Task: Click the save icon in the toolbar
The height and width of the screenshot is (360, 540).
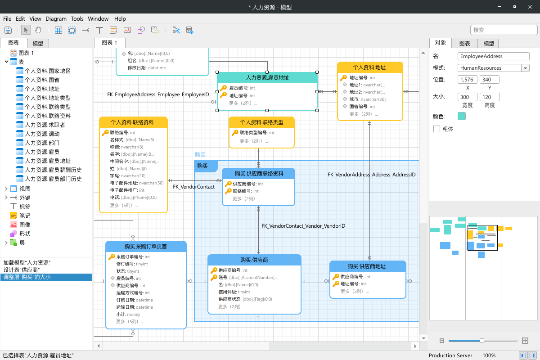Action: (x=8, y=30)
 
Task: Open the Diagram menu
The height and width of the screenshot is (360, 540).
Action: (x=56, y=19)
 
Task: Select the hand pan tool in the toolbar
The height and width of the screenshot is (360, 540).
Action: (x=38, y=30)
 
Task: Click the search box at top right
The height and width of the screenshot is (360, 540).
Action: (x=504, y=30)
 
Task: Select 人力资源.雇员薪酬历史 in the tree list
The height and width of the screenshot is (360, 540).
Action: (x=53, y=170)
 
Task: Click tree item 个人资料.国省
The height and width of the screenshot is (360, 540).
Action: (x=42, y=80)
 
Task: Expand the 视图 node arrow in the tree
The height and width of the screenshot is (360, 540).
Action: (x=6, y=189)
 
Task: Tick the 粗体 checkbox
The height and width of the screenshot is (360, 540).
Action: (x=436, y=129)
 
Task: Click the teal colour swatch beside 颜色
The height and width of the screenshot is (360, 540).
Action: (x=461, y=116)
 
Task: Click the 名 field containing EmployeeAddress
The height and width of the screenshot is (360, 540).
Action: (x=493, y=56)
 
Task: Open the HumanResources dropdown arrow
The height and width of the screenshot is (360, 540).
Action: (x=525, y=68)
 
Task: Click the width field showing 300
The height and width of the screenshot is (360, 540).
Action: (x=467, y=97)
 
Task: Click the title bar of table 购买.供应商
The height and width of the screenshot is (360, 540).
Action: (x=254, y=260)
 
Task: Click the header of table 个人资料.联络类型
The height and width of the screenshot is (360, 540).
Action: (x=261, y=122)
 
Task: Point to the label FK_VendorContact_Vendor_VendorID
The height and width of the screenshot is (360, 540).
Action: (x=303, y=226)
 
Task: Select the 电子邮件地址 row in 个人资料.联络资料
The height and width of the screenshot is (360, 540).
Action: (x=137, y=183)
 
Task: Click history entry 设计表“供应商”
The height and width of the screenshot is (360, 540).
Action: (x=22, y=270)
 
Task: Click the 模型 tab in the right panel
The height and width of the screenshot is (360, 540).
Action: (x=489, y=43)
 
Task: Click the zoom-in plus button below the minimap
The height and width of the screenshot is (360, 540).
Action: (x=525, y=341)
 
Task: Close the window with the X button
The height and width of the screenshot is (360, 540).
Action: (x=530, y=7)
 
